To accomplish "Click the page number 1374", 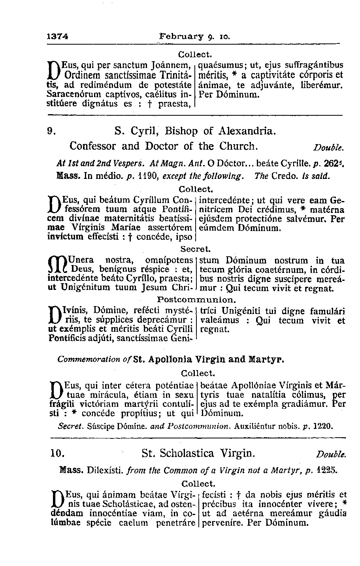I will coord(58,36).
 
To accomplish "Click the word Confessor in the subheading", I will coord(93,146).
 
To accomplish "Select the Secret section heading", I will coord(196,249).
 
